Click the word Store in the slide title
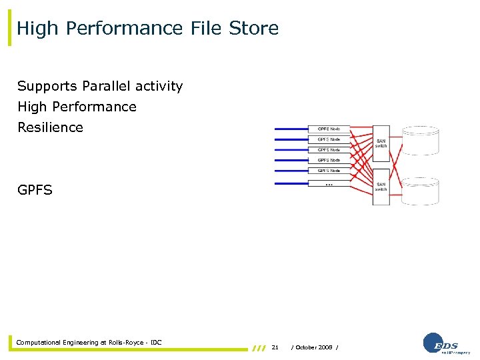click(253, 28)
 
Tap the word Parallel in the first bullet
click(110, 86)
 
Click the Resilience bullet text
click(51, 127)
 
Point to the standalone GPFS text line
click(35, 190)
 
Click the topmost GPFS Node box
click(329, 129)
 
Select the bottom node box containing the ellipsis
click(329, 181)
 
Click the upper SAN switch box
click(381, 143)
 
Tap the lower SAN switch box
click(381, 187)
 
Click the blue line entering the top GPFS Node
click(290, 129)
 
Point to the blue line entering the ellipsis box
click(290, 181)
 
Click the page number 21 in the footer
click(275, 347)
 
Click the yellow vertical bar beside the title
click(10, 29)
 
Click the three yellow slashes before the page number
click(259, 348)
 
